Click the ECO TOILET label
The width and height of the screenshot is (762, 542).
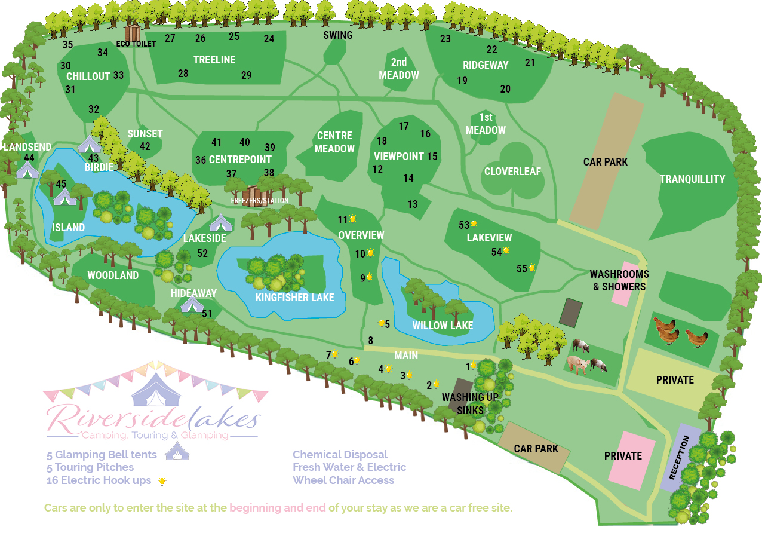click(x=136, y=44)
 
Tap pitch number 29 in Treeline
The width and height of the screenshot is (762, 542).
click(x=247, y=75)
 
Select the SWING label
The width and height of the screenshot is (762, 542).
click(x=338, y=35)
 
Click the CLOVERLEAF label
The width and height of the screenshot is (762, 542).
click(x=512, y=172)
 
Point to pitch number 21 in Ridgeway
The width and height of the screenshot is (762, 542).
click(x=530, y=63)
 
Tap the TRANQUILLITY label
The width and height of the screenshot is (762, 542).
click(x=692, y=179)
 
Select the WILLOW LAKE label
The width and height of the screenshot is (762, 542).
click(x=443, y=326)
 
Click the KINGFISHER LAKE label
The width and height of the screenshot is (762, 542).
click(x=294, y=298)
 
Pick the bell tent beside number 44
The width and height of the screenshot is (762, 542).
click(x=27, y=170)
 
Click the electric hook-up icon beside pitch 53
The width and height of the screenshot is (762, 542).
click(x=474, y=224)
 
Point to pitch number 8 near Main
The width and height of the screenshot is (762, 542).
click(x=370, y=341)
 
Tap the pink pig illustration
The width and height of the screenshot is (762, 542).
click(x=577, y=364)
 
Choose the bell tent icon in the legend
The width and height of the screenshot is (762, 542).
click(x=177, y=452)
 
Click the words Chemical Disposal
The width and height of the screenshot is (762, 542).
click(x=340, y=455)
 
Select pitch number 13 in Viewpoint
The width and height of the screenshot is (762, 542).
click(x=413, y=204)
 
